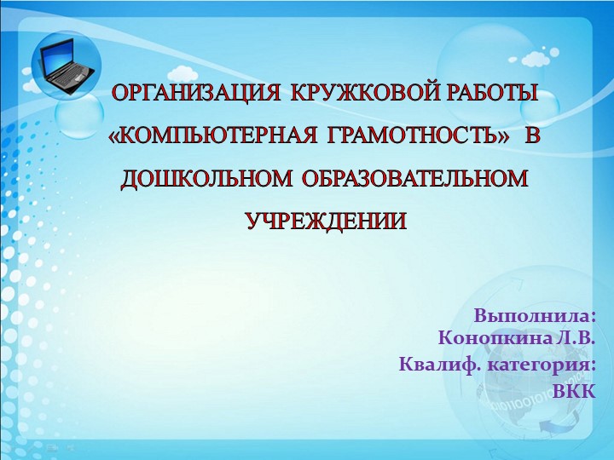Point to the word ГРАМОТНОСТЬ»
coord(408,136)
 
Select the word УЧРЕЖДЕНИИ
coord(326,222)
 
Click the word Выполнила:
coord(535,315)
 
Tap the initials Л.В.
coord(575,338)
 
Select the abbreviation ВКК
coord(574,391)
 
